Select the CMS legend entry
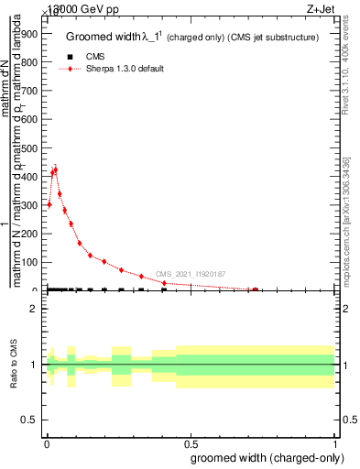95,57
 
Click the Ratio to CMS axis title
15,364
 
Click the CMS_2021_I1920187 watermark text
191,274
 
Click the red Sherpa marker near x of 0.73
256,289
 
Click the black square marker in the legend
71,57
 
